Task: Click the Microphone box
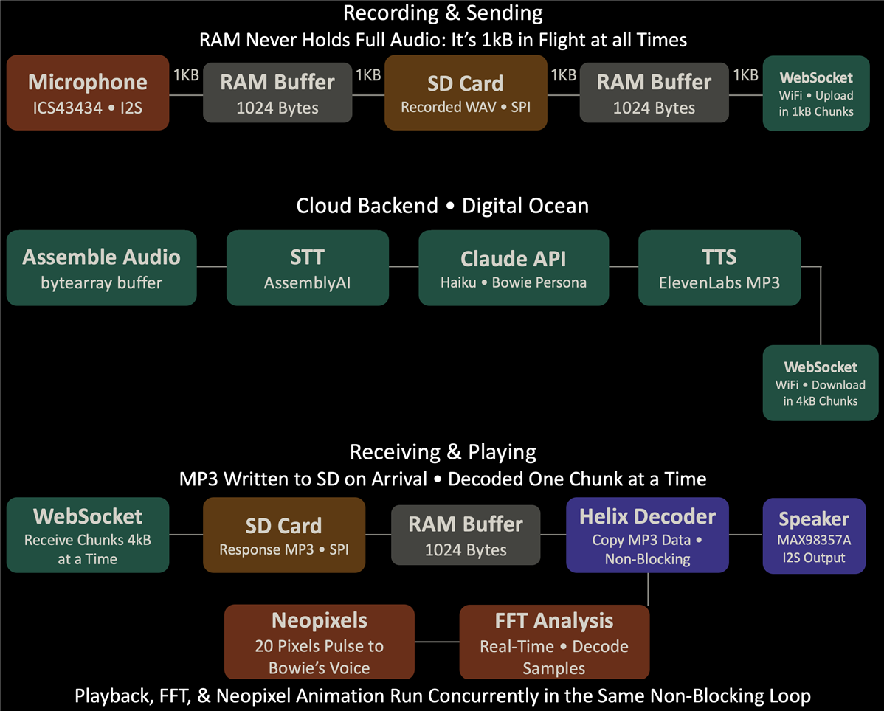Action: point(88,92)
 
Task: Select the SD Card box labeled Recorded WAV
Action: point(466,92)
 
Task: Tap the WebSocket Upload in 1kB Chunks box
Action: point(816,94)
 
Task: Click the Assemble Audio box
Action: point(102,268)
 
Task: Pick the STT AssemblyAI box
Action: point(307,268)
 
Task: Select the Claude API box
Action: point(514,268)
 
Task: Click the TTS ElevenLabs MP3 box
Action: point(719,268)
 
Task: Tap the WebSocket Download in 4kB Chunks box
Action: point(821,383)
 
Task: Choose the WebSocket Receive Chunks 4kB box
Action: point(88,535)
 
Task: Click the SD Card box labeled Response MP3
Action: point(284,535)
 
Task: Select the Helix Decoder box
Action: point(647,535)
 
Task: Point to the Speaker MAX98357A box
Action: point(814,535)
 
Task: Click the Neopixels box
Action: point(319,642)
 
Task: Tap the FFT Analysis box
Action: point(554,642)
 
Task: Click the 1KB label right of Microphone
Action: point(186,75)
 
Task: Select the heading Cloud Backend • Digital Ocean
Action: point(443,206)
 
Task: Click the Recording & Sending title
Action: point(443,13)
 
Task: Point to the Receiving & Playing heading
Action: point(443,452)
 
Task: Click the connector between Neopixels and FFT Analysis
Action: point(437,642)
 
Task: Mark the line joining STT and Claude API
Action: point(404,266)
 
